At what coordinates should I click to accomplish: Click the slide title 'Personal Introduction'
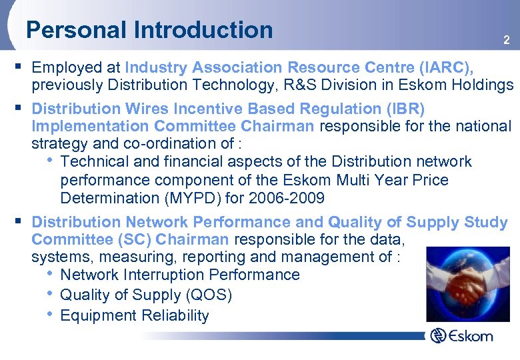tap(149, 30)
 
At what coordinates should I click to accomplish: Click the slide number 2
tap(507, 41)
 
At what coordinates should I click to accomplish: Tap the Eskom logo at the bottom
tap(461, 335)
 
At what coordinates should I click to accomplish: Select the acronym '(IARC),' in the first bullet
tap(446, 67)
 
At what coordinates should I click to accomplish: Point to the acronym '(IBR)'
tap(401, 108)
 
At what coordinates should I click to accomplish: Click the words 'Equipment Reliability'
tap(135, 316)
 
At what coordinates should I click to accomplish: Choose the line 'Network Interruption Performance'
tap(179, 275)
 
